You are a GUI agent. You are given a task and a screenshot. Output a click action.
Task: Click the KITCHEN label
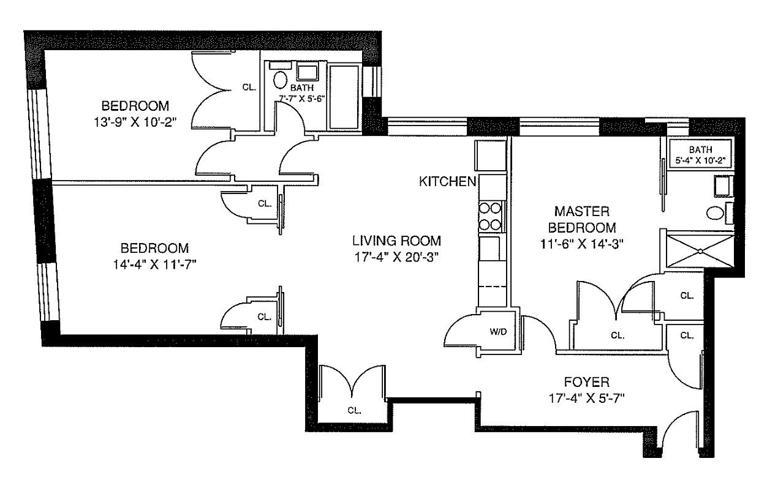coord(447,181)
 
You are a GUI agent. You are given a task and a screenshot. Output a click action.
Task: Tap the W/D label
coord(497,332)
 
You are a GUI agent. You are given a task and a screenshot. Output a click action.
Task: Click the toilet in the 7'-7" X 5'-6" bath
coord(281,80)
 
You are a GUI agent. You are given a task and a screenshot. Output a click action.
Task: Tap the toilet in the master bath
coord(716,213)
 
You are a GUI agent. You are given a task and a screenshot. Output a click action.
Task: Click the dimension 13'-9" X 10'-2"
coord(131,121)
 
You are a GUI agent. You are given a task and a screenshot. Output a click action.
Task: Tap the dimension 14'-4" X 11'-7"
coord(154,264)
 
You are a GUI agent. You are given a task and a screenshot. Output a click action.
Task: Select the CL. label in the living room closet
coord(354,410)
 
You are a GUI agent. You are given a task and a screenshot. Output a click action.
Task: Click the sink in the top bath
coord(308,72)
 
